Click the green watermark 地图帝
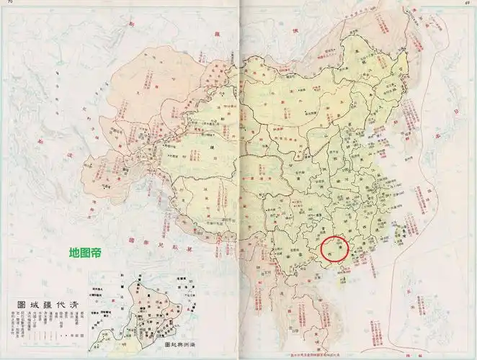(x=84, y=253)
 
